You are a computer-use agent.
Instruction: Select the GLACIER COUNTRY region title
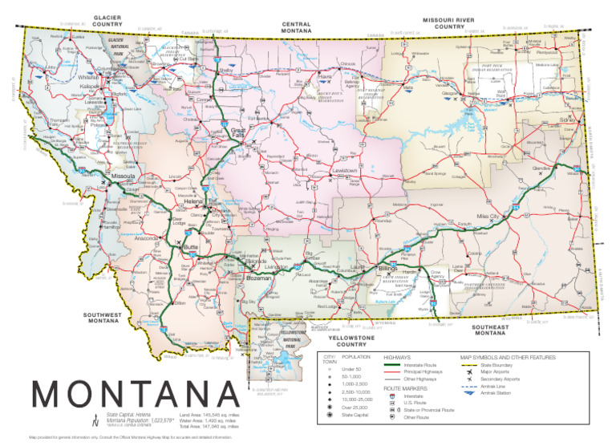tap(107, 20)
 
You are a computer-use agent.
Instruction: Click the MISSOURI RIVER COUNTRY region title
tap(450, 22)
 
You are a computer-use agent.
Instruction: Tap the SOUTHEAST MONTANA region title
tap(496, 330)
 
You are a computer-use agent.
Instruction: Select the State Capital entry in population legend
tap(356, 416)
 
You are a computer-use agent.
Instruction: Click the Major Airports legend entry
tap(497, 371)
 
